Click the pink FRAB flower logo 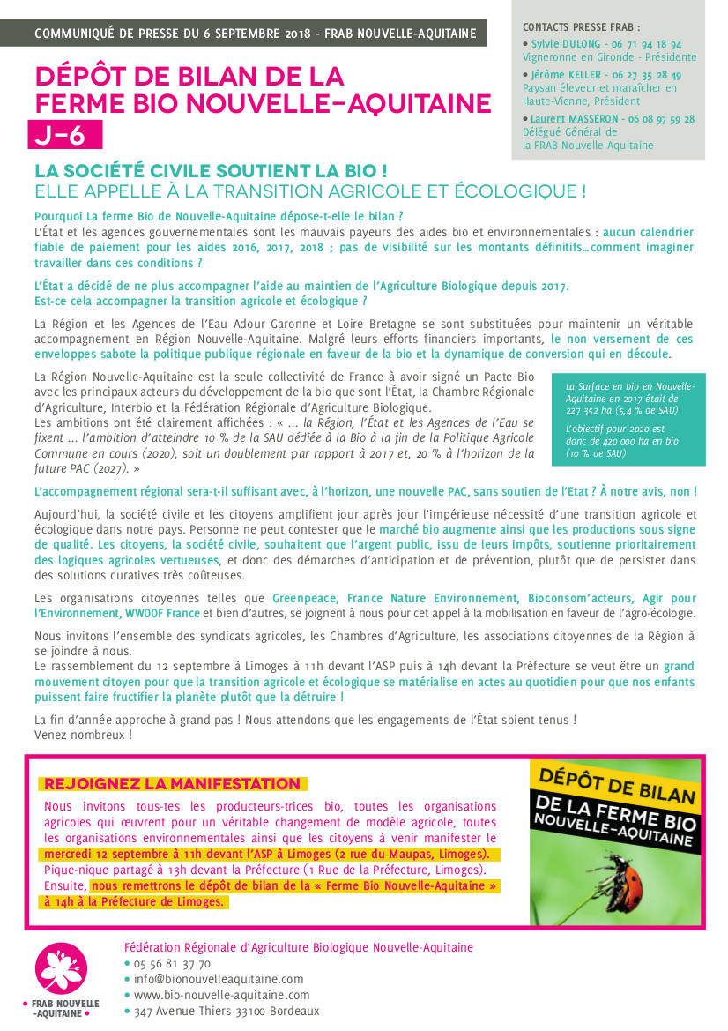(x=61, y=967)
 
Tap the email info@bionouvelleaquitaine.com (x=219, y=979)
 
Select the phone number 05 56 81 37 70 (x=173, y=963)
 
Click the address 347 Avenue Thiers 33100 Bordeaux (x=227, y=1012)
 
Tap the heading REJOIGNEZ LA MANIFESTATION (x=172, y=784)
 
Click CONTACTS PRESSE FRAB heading (x=582, y=27)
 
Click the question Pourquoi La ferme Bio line (x=219, y=216)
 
